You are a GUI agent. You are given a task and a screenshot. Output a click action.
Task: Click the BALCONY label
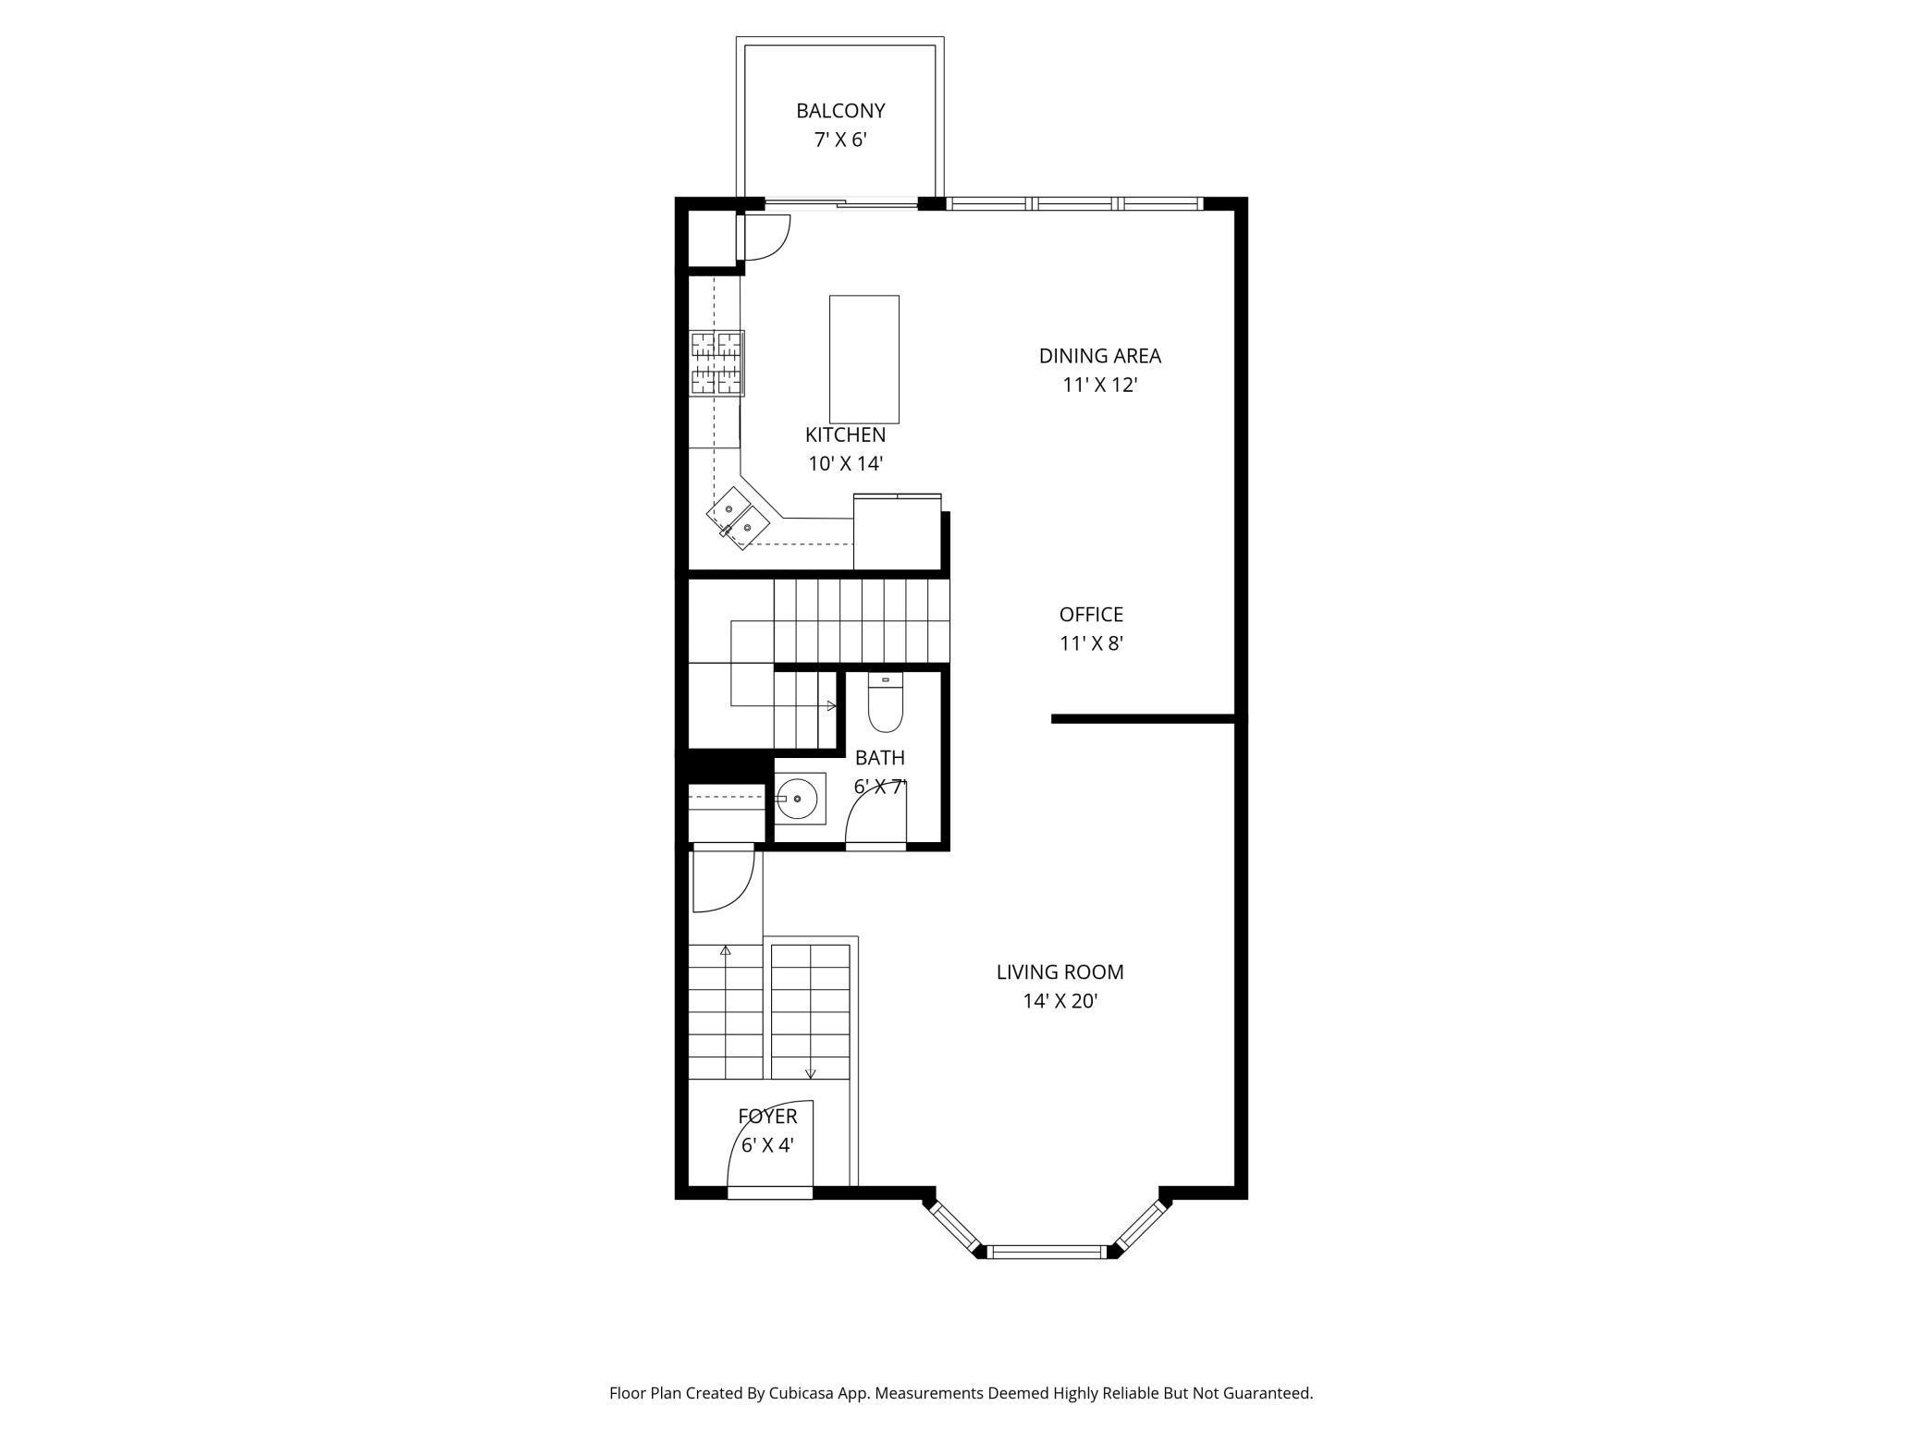pyautogui.click(x=840, y=111)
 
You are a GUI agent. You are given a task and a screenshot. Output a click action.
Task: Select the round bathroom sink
pyautogui.click(x=796, y=797)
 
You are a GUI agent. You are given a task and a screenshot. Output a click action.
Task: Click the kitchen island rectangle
pyautogui.click(x=864, y=359)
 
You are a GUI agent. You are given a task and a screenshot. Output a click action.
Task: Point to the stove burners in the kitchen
pyautogui.click(x=717, y=363)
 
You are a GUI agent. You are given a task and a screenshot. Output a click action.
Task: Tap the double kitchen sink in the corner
pyautogui.click(x=739, y=519)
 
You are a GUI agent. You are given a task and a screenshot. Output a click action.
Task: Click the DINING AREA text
pyautogui.click(x=1100, y=356)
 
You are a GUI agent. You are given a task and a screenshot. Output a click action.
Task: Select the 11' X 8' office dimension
pyautogui.click(x=1091, y=643)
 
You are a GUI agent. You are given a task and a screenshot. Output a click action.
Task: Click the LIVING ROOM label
pyautogui.click(x=1060, y=972)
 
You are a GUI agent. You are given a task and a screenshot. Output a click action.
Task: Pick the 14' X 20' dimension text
pyautogui.click(x=1060, y=1000)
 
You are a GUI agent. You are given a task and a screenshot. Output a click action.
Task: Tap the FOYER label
pyautogui.click(x=767, y=1116)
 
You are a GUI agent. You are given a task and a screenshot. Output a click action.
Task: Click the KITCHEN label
pyautogui.click(x=845, y=434)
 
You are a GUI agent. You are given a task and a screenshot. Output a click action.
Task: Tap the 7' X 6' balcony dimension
pyautogui.click(x=840, y=140)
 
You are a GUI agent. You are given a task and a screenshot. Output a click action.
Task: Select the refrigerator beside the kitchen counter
pyautogui.click(x=897, y=532)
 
